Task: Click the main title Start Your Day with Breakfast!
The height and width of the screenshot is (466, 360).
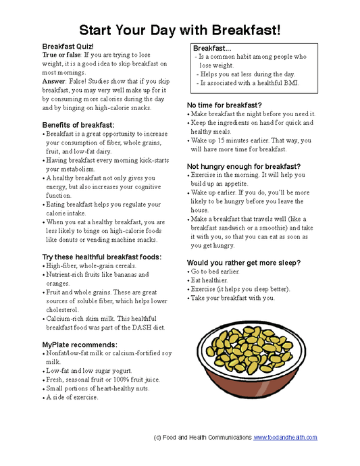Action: (180, 30)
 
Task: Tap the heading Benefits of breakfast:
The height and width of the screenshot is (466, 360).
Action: (78, 125)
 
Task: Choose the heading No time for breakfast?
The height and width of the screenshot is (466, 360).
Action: (224, 105)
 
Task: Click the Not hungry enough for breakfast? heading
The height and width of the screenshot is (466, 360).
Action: (244, 166)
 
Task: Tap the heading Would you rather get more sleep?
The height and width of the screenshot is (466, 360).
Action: (243, 262)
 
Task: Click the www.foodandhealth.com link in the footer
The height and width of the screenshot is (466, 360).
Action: (285, 438)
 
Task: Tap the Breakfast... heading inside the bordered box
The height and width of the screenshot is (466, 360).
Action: (212, 49)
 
